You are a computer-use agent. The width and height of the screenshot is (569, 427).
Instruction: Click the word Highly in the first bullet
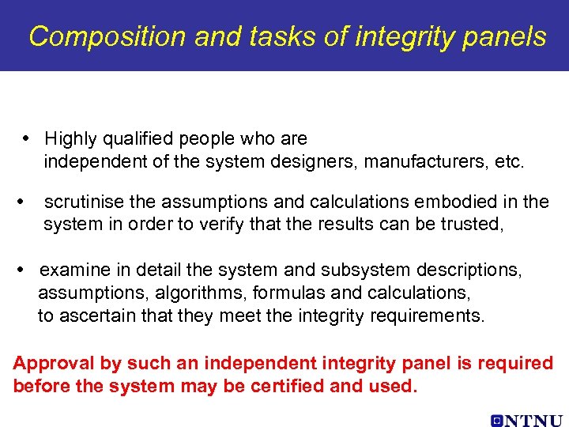[70, 139]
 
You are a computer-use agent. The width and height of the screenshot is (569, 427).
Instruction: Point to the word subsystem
[345, 270]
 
